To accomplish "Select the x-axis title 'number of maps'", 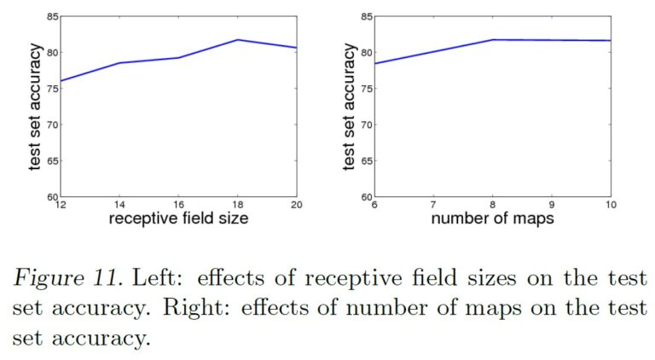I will click(x=493, y=220).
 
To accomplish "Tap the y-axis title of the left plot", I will click(x=35, y=107).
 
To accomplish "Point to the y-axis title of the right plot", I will click(x=349, y=107).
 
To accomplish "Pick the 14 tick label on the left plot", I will click(x=119, y=205).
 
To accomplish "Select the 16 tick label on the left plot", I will click(x=178, y=205).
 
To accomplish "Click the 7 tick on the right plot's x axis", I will click(x=434, y=205).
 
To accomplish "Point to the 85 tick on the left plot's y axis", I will click(x=50, y=16).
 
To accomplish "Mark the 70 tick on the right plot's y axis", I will click(x=364, y=125).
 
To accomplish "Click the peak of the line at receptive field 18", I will click(x=238, y=40).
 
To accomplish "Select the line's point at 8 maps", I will click(x=494, y=40).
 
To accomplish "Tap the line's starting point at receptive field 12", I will click(x=60, y=81).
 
